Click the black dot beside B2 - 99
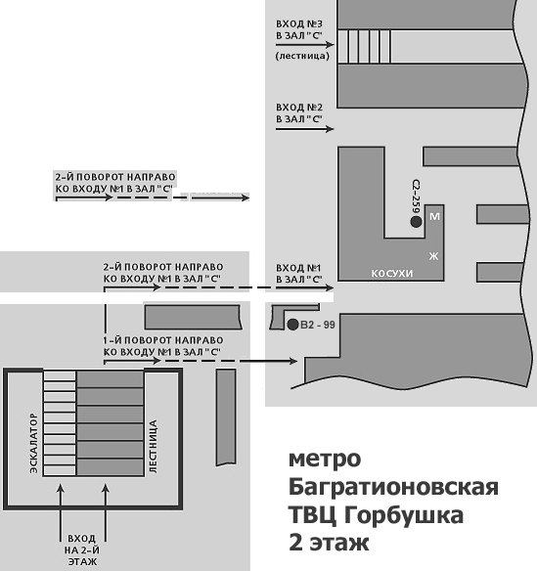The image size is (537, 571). coord(292,324)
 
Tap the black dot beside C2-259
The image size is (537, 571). coord(416,221)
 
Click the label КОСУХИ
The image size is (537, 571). coord(392,273)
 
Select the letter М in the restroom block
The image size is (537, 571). coord(434,217)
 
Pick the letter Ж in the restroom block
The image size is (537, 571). coord(433,256)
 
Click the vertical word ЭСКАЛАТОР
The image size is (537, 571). coord(33,443)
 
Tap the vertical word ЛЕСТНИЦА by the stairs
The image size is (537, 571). coord(153,447)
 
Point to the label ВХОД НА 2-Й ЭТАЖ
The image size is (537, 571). coord(82,549)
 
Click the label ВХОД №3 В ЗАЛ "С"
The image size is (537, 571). coord(299,30)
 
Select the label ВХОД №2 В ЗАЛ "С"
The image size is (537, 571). coord(299,113)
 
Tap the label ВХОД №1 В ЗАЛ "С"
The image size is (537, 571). coord(299,274)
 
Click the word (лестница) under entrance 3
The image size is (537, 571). coord(302,56)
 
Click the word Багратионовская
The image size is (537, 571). coord(393,487)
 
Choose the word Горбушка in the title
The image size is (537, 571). coord(404,515)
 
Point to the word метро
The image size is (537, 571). coord(325,460)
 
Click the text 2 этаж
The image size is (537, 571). coord(329,543)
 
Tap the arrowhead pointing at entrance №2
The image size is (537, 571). coord(330,128)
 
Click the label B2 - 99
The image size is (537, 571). coord(318,325)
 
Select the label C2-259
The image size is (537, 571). coord(416,196)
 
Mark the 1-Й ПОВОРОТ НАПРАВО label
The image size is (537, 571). coord(163,346)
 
